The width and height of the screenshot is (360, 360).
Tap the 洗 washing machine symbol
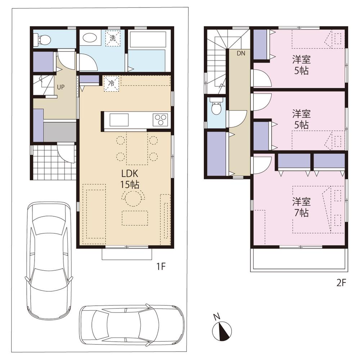pos(113,39)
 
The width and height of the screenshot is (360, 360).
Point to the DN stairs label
pos(241,53)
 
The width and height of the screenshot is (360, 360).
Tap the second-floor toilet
pos(216,108)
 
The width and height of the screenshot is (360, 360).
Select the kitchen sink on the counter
pos(118,119)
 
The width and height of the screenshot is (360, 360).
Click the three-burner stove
pos(161,119)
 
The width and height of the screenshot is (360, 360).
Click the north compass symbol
pos(220,330)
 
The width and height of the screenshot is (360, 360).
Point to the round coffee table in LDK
pos(134,198)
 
